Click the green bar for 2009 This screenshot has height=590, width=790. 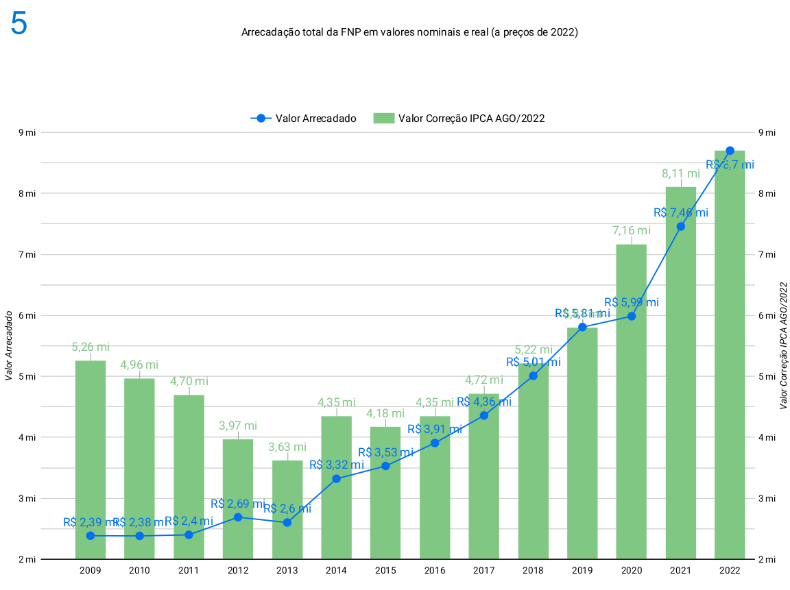pos(91,459)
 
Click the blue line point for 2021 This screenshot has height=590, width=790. pos(681,227)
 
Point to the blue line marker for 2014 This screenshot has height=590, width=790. pos(336,479)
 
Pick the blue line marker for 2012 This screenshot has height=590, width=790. pos(238,517)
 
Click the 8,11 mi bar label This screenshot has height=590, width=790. pos(680,174)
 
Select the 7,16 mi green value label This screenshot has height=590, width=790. pos(632,231)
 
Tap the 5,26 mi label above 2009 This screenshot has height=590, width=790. pos(91,347)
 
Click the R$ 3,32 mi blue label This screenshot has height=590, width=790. pos(336,465)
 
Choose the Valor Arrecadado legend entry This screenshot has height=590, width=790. pos(303,118)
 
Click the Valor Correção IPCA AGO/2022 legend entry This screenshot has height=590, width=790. pos(459,118)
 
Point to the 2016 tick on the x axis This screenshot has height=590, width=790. pos(435,570)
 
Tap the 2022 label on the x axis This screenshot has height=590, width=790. pos(730,570)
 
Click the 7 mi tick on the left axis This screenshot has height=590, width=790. pos(27,254)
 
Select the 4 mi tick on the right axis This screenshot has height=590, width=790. pos(767,437)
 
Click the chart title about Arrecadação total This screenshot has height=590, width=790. pos(409,32)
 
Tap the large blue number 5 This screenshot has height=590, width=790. pos(19,25)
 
